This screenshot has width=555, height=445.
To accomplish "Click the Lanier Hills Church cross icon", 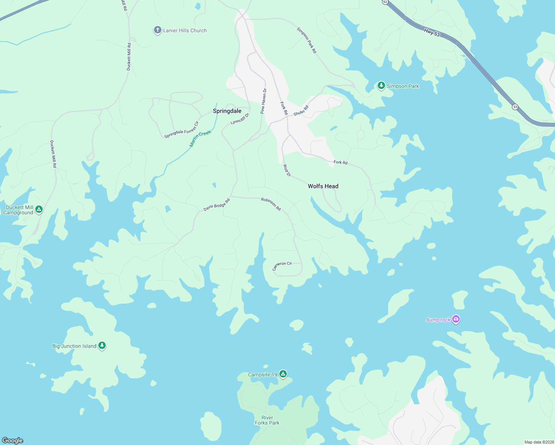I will point(157,30).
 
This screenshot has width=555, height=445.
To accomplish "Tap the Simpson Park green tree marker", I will point(381,86).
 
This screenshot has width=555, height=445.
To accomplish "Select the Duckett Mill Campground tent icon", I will point(39,210).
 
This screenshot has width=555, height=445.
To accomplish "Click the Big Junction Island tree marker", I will point(102,346).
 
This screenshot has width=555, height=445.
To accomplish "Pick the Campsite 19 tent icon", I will point(283,374).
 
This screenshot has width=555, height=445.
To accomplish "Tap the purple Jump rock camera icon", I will point(456,319).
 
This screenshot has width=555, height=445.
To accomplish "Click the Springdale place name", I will point(227,111).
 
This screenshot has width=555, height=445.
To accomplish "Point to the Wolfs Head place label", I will point(323,186).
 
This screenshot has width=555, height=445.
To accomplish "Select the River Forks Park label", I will point(267,420).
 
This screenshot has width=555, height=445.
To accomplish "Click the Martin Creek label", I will point(200,139).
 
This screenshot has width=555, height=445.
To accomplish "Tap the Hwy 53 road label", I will point(432,33).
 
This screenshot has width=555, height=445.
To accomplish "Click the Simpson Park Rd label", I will point(307,40).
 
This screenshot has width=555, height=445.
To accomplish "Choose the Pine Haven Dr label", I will point(263,101).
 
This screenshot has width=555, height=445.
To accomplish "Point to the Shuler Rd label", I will point(301,111).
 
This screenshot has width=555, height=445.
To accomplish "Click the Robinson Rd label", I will point(271,204).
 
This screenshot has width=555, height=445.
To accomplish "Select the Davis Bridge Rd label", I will point(217,205).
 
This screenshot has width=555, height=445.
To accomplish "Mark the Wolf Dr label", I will point(287,170).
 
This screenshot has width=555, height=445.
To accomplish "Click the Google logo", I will point(13,440).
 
